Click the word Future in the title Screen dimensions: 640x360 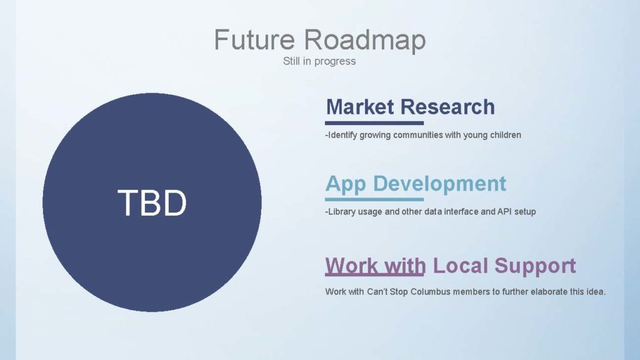pos(254,39)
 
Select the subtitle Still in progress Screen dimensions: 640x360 pos(319,61)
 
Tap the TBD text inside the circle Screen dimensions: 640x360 pos(152,203)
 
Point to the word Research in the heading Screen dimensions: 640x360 pos(447,107)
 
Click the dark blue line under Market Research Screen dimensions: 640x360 pos(374,123)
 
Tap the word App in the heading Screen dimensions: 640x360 pos(346,184)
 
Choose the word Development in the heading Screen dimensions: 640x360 pos(439,184)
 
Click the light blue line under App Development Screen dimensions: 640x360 pos(374,199)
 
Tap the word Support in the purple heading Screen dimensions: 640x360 pos(535,266)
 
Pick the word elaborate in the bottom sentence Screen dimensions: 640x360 pos(549,292)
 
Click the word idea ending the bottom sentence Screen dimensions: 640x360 pos(596,292)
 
